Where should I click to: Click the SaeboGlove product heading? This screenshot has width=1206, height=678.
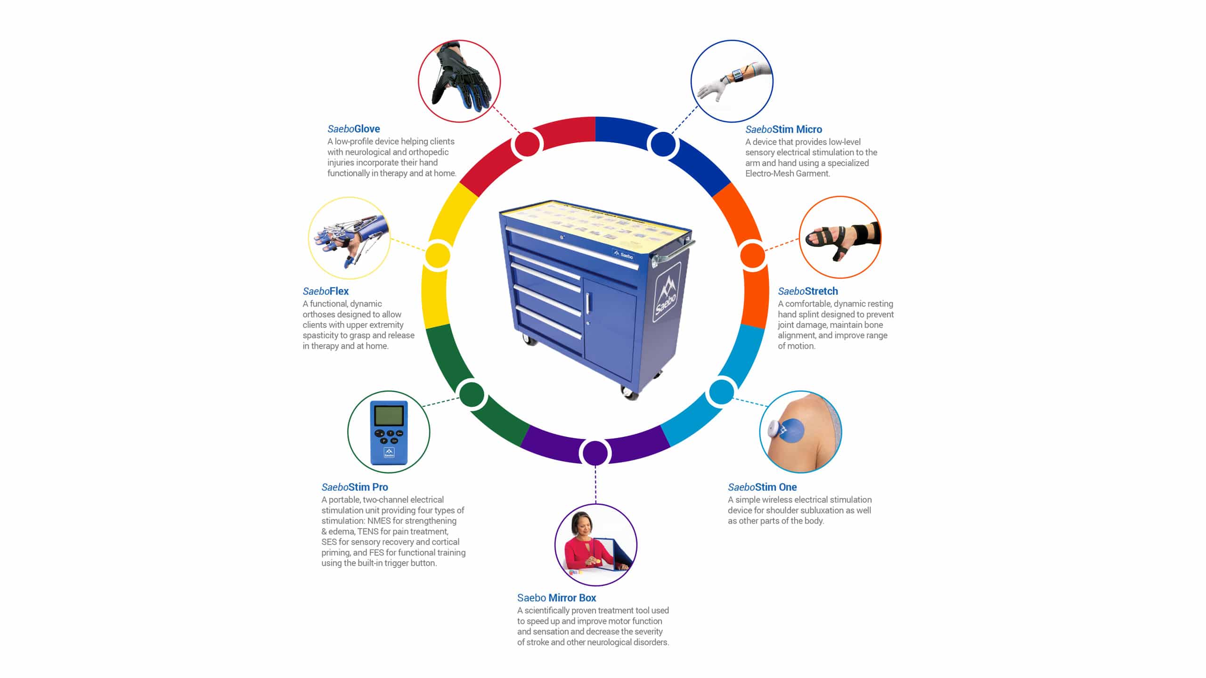353,129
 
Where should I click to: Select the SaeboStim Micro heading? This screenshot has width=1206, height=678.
783,129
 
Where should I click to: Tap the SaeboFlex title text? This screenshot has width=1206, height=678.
326,291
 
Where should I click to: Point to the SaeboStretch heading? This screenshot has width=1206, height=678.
808,291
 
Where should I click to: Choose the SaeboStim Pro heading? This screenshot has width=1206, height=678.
355,487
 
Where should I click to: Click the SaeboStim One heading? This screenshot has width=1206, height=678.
762,487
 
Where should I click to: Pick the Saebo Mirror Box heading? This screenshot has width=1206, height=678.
556,597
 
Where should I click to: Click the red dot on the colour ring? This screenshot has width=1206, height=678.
527,144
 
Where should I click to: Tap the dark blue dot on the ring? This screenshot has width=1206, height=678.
663,144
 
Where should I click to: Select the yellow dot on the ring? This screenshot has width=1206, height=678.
438,256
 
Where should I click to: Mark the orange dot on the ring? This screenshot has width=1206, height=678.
752,256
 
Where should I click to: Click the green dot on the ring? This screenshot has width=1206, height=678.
472,394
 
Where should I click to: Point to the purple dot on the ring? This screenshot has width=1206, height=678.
595,453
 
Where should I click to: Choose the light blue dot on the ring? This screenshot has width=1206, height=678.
721,392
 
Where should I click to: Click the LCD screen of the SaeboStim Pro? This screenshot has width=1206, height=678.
389,416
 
